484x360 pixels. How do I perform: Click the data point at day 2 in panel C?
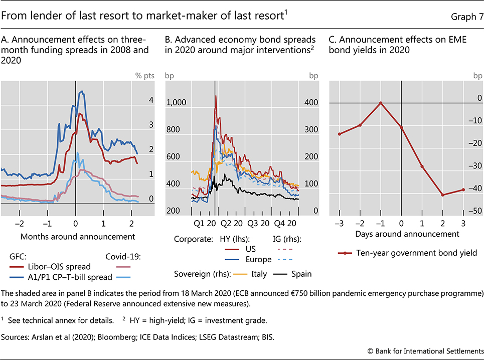[x=442, y=195]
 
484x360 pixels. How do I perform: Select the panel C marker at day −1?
[x=381, y=103]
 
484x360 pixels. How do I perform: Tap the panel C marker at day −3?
[x=340, y=134]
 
